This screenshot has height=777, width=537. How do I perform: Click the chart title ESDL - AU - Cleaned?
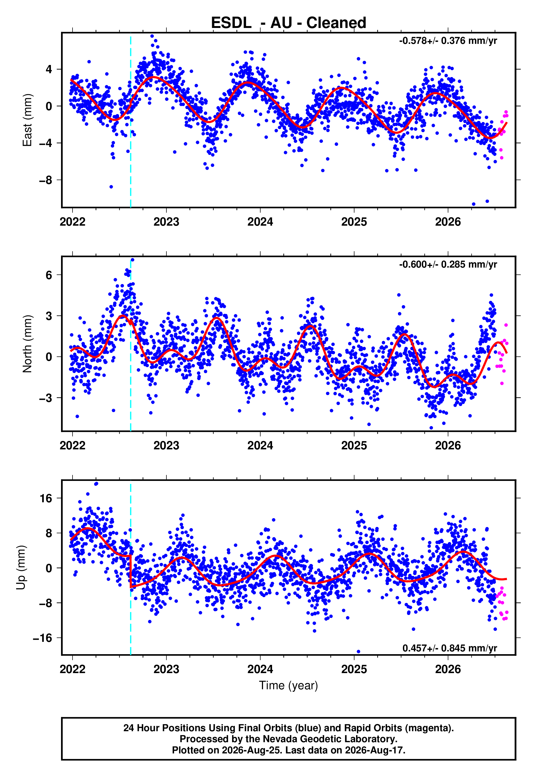[288, 23]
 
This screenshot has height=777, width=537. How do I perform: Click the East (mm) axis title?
[27, 120]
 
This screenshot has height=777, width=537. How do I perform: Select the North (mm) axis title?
[27, 344]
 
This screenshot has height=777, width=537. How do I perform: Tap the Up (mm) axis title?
[21, 568]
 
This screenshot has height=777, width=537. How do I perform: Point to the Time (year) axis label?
[288, 686]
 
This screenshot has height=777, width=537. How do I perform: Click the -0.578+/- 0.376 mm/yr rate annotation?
[448, 41]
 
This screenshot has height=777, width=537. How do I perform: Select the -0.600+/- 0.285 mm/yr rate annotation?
[448, 265]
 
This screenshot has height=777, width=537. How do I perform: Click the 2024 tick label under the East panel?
[260, 222]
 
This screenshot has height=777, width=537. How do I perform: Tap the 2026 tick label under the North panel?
[448, 446]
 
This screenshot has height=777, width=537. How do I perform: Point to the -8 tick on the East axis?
[46, 180]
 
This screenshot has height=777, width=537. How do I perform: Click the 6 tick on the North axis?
[49, 275]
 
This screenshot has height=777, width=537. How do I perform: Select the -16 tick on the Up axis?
[43, 638]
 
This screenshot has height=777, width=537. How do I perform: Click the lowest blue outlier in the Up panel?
[358, 652]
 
